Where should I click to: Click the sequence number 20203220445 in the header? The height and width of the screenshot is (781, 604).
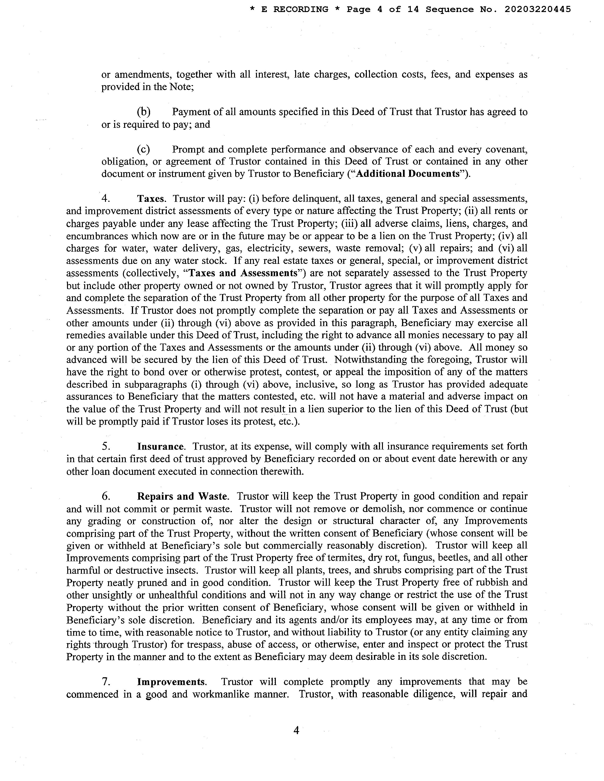pos(538,10)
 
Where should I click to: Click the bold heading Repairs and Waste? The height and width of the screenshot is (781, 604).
pos(182,496)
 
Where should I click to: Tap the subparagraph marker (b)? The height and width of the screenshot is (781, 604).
pos(143,112)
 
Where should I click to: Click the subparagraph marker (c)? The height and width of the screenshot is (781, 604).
pos(143,149)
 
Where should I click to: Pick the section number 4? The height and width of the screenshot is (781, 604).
pos(105,199)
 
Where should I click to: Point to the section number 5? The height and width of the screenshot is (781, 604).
pos(105,446)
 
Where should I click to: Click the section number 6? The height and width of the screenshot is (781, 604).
pos(105,496)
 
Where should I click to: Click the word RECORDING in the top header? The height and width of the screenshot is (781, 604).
pos(301,10)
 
